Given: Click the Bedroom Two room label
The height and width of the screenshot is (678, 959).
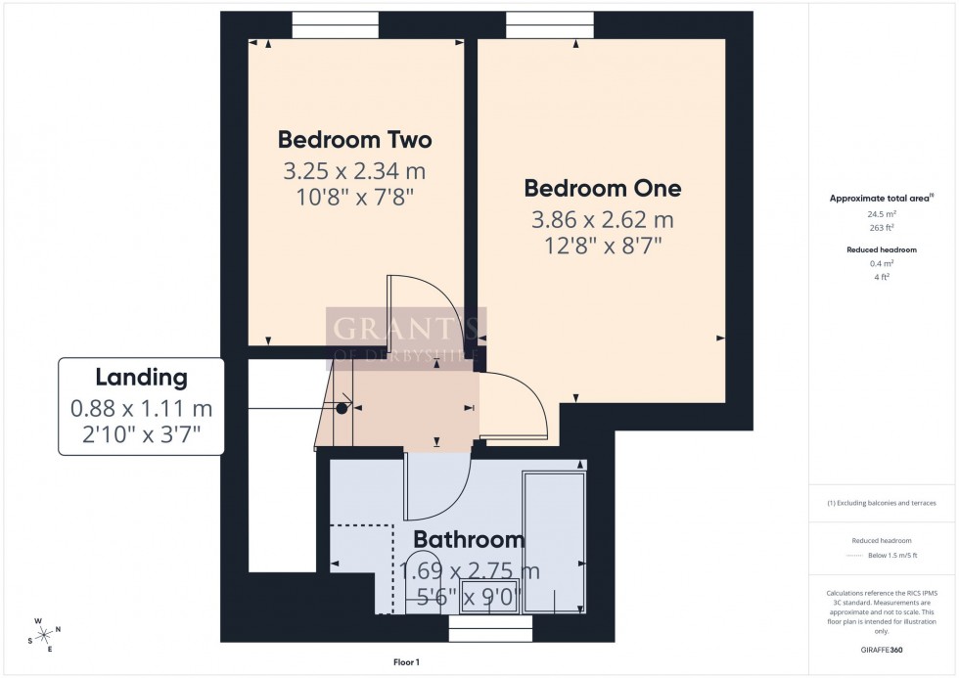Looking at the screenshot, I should point(354,139).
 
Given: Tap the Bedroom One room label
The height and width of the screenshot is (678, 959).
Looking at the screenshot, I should point(602,188).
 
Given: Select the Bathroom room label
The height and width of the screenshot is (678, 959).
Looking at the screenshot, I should point(469,539).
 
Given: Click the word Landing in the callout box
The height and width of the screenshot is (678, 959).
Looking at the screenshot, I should point(141,377).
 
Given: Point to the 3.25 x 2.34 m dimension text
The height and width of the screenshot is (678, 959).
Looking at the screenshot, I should point(354,172).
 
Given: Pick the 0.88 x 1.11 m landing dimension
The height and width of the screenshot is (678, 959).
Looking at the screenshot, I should point(141,409).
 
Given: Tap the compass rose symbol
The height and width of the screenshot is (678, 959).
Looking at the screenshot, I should point(43,634).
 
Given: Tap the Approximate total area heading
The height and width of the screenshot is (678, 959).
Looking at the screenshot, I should point(880,198).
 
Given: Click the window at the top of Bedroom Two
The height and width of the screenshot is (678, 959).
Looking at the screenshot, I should point(335,24).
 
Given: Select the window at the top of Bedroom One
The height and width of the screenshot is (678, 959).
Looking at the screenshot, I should point(549,24).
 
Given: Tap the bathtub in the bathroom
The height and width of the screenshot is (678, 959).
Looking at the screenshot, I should point(555,542).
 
